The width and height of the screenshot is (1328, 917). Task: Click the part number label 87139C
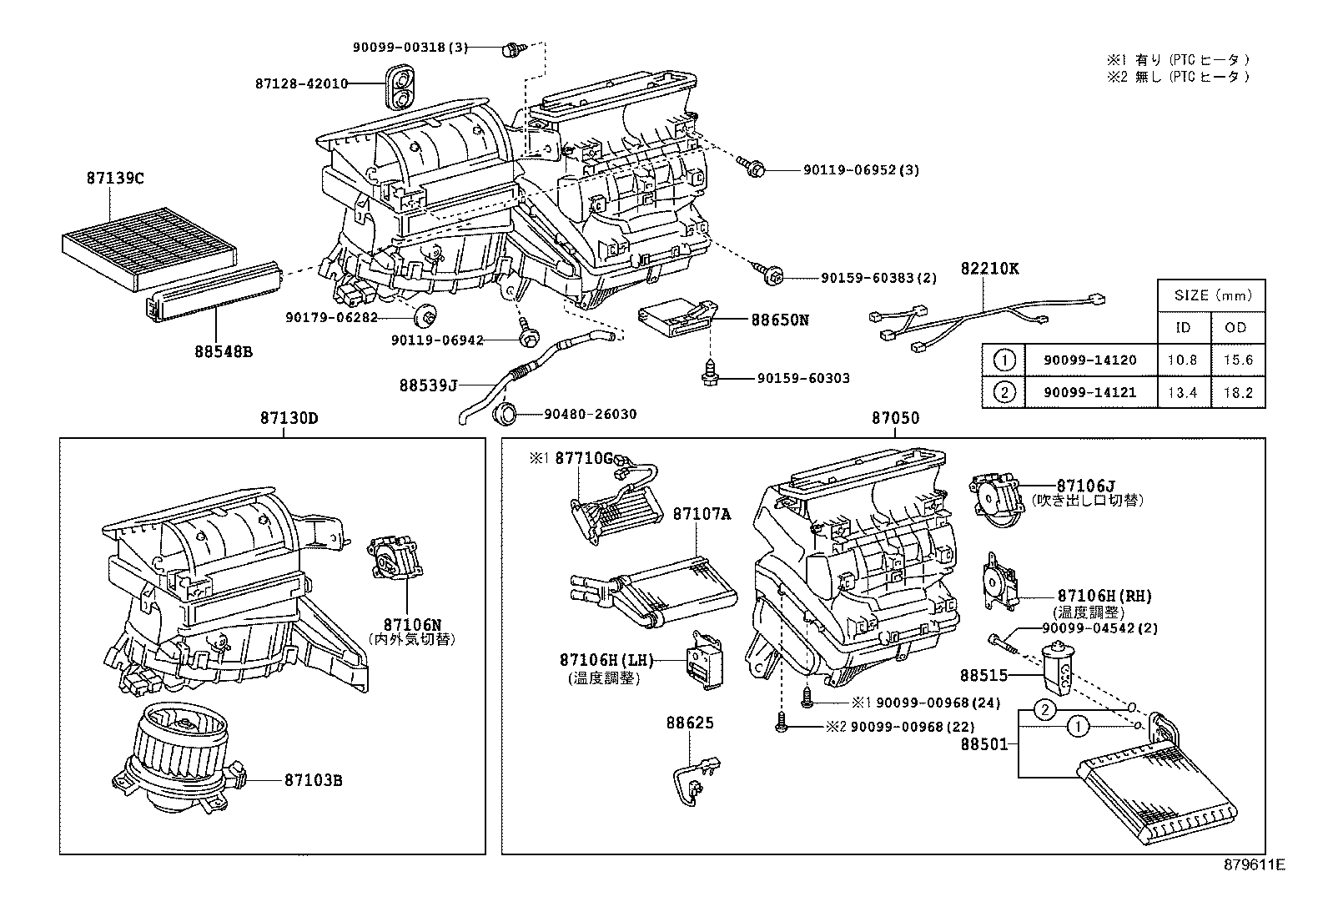(115, 178)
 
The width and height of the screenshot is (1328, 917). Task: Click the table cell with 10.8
(1182, 360)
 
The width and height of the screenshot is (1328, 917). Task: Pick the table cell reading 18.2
(1236, 393)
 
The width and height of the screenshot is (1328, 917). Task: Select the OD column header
(1236, 327)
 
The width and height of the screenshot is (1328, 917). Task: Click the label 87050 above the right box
(895, 418)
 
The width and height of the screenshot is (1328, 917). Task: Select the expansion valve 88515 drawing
(1059, 667)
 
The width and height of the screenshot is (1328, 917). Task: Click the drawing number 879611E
(1255, 865)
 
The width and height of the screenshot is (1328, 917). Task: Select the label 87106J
(1085, 486)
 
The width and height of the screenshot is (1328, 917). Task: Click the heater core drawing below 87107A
(655, 591)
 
